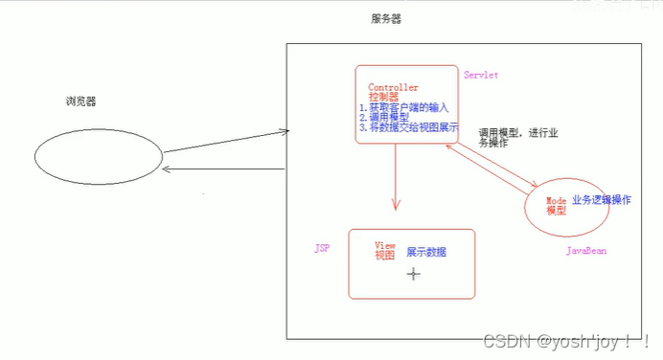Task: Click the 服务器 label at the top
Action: (x=386, y=19)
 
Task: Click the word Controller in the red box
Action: (x=394, y=87)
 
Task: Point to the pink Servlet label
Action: (x=481, y=75)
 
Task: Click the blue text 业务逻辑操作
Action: (x=602, y=200)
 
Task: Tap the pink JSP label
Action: (x=322, y=248)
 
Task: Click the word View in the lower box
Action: (x=384, y=246)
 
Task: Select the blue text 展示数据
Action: (x=426, y=253)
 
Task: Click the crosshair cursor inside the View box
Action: (x=414, y=274)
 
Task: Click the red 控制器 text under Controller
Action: (x=384, y=98)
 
